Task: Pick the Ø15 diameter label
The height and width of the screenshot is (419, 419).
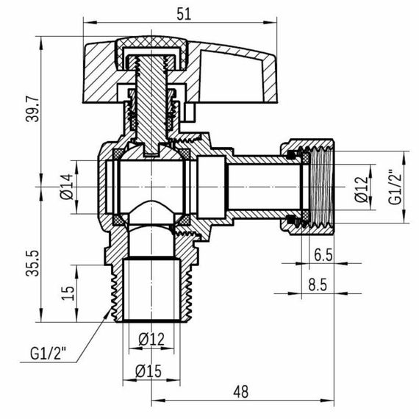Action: [x=149, y=371]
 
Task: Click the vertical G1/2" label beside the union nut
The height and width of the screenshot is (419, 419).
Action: [x=395, y=187]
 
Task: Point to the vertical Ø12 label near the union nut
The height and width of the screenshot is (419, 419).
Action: [x=359, y=188]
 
